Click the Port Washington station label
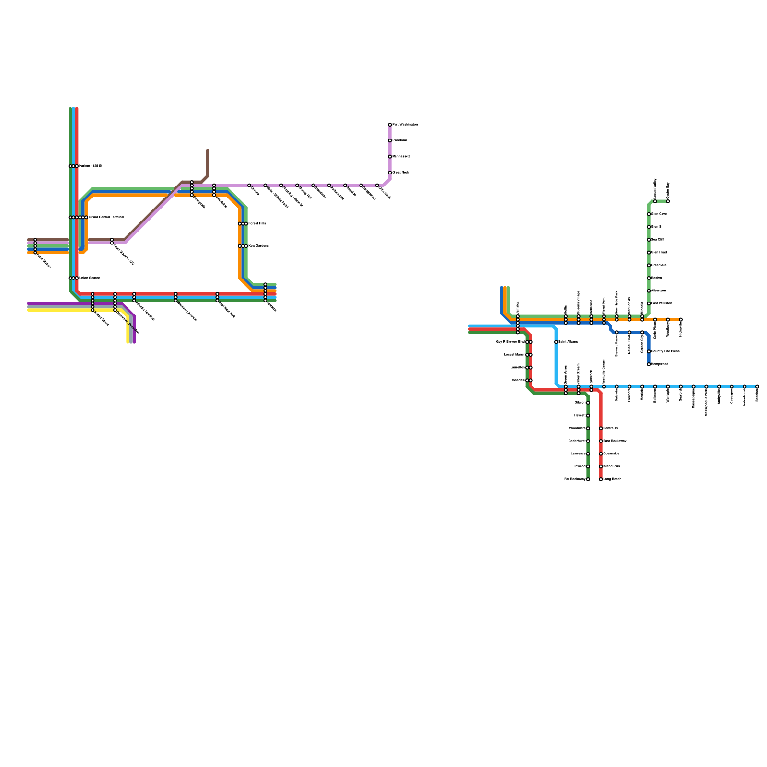405,125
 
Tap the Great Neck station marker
390,173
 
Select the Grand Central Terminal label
106,217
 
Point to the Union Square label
90,278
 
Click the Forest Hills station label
257,224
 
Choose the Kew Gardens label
259,246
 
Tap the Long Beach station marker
601,479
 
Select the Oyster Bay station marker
668,201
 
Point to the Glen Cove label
659,214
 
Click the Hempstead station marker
649,364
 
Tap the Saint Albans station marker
556,342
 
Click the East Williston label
662,303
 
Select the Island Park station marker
601,466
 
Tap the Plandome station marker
390,140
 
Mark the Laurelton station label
518,368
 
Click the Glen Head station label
659,253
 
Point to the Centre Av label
611,428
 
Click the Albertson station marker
649,291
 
